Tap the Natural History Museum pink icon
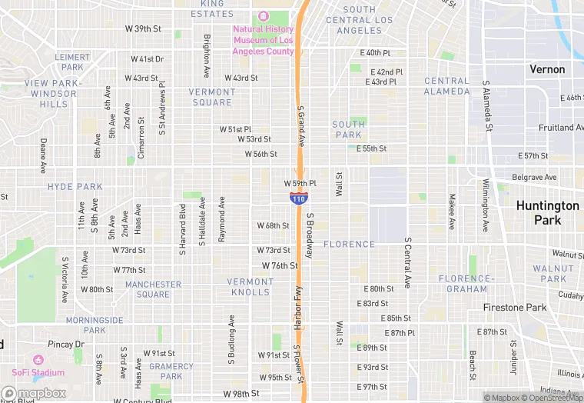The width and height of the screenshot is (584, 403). (264, 16)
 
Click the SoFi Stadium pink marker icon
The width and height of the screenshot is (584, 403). (38, 360)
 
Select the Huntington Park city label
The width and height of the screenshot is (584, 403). (547, 213)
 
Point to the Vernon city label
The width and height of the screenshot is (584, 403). (547, 69)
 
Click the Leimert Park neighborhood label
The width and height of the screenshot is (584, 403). (74, 62)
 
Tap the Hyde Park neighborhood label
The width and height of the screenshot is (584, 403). (75, 187)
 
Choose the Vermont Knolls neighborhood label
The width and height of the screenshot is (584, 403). (250, 287)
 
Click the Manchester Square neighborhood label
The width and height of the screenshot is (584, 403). (153, 289)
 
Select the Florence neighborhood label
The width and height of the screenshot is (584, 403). (349, 245)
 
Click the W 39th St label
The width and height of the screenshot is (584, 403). (143, 28)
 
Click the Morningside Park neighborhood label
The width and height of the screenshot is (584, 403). (95, 325)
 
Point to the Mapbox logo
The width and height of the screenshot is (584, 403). (34, 394)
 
